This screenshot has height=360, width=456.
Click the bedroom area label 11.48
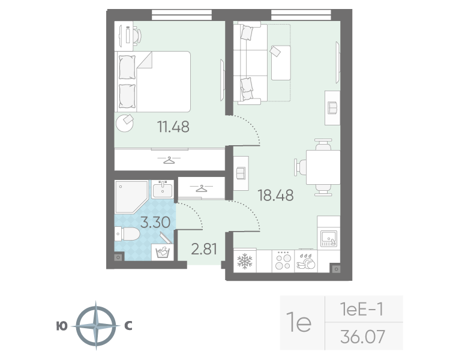pyautogui.click(x=173, y=127)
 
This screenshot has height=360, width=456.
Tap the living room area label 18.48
pyautogui.click(x=275, y=195)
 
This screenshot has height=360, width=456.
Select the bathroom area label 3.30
pyautogui.click(x=155, y=223)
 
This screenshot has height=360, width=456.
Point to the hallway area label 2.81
pyautogui.click(x=204, y=249)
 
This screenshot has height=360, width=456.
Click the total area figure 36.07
pyautogui.click(x=362, y=337)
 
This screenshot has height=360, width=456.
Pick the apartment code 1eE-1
pyautogui.click(x=362, y=309)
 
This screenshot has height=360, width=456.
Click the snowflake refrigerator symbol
pyautogui.click(x=245, y=261)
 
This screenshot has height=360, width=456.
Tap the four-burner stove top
pyautogui.click(x=283, y=260)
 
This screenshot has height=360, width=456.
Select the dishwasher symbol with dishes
pyautogui.click(x=306, y=262)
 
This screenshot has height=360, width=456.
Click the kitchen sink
pyautogui.click(x=329, y=238)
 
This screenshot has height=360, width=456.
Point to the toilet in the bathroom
pyautogui.click(x=127, y=234)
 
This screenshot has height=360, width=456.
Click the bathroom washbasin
pyautogui.click(x=162, y=190)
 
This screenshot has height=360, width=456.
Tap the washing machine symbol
pyautogui.click(x=162, y=252)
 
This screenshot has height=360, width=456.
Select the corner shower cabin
pyautogui.click(x=131, y=197)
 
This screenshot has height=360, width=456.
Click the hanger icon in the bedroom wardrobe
pyautogui.click(x=169, y=160)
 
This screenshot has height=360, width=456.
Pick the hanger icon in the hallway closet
pyautogui.click(x=200, y=188)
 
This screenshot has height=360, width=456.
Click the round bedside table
pyautogui.click(x=125, y=123)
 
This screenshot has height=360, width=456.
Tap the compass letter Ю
pyautogui.click(x=62, y=326)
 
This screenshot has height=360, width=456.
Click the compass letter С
pyautogui.click(x=128, y=326)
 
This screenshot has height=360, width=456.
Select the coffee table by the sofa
pyautogui.click(x=281, y=62)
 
